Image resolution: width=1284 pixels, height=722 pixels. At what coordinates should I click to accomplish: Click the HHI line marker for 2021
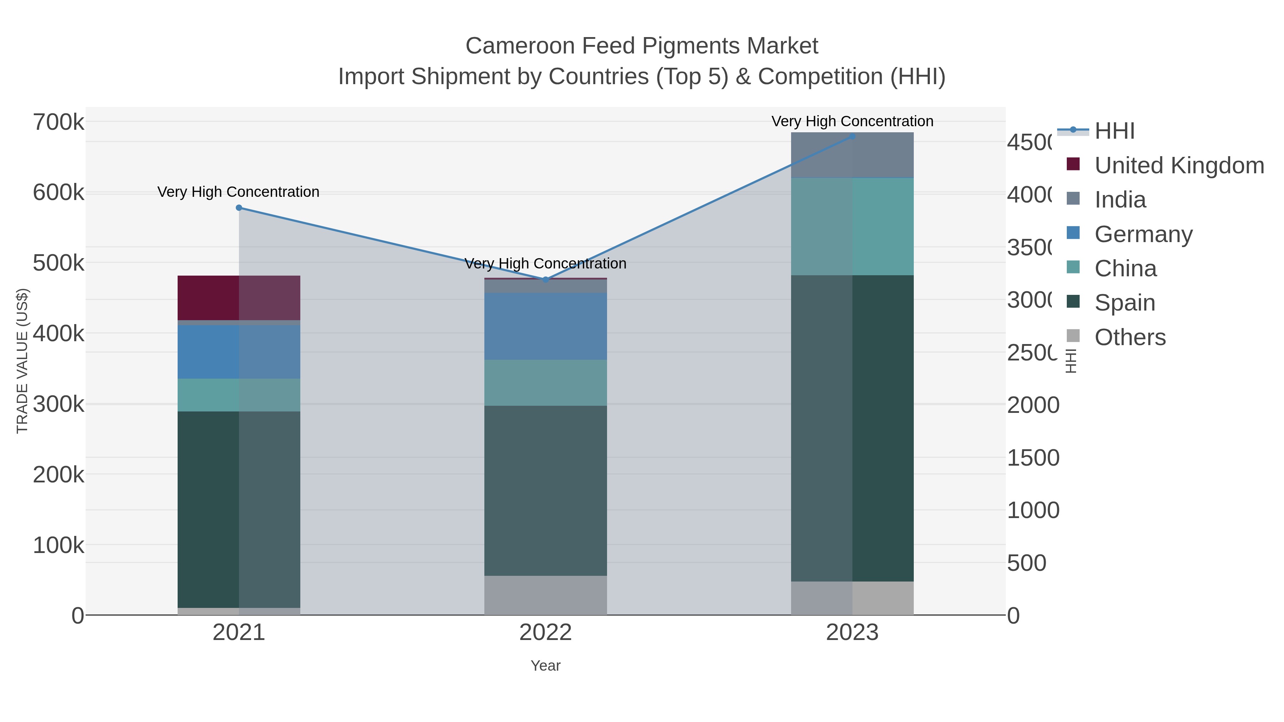(239, 208)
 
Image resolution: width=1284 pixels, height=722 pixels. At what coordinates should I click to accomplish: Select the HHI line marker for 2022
(545, 280)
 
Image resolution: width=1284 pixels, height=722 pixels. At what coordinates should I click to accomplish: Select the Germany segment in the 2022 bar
(545, 326)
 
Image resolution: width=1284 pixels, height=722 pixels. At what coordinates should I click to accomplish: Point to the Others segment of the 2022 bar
(545, 595)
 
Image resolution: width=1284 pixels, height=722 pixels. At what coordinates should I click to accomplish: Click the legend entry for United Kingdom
(1179, 165)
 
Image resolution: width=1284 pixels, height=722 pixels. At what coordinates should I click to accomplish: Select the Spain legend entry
(1125, 302)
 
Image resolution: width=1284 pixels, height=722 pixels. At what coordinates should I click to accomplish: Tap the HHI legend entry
(1115, 131)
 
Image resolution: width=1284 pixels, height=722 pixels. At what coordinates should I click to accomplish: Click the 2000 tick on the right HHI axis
(1033, 405)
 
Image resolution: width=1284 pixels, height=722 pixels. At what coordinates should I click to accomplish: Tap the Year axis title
(545, 666)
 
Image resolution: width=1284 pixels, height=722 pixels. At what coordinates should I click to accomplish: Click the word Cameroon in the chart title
(520, 46)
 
